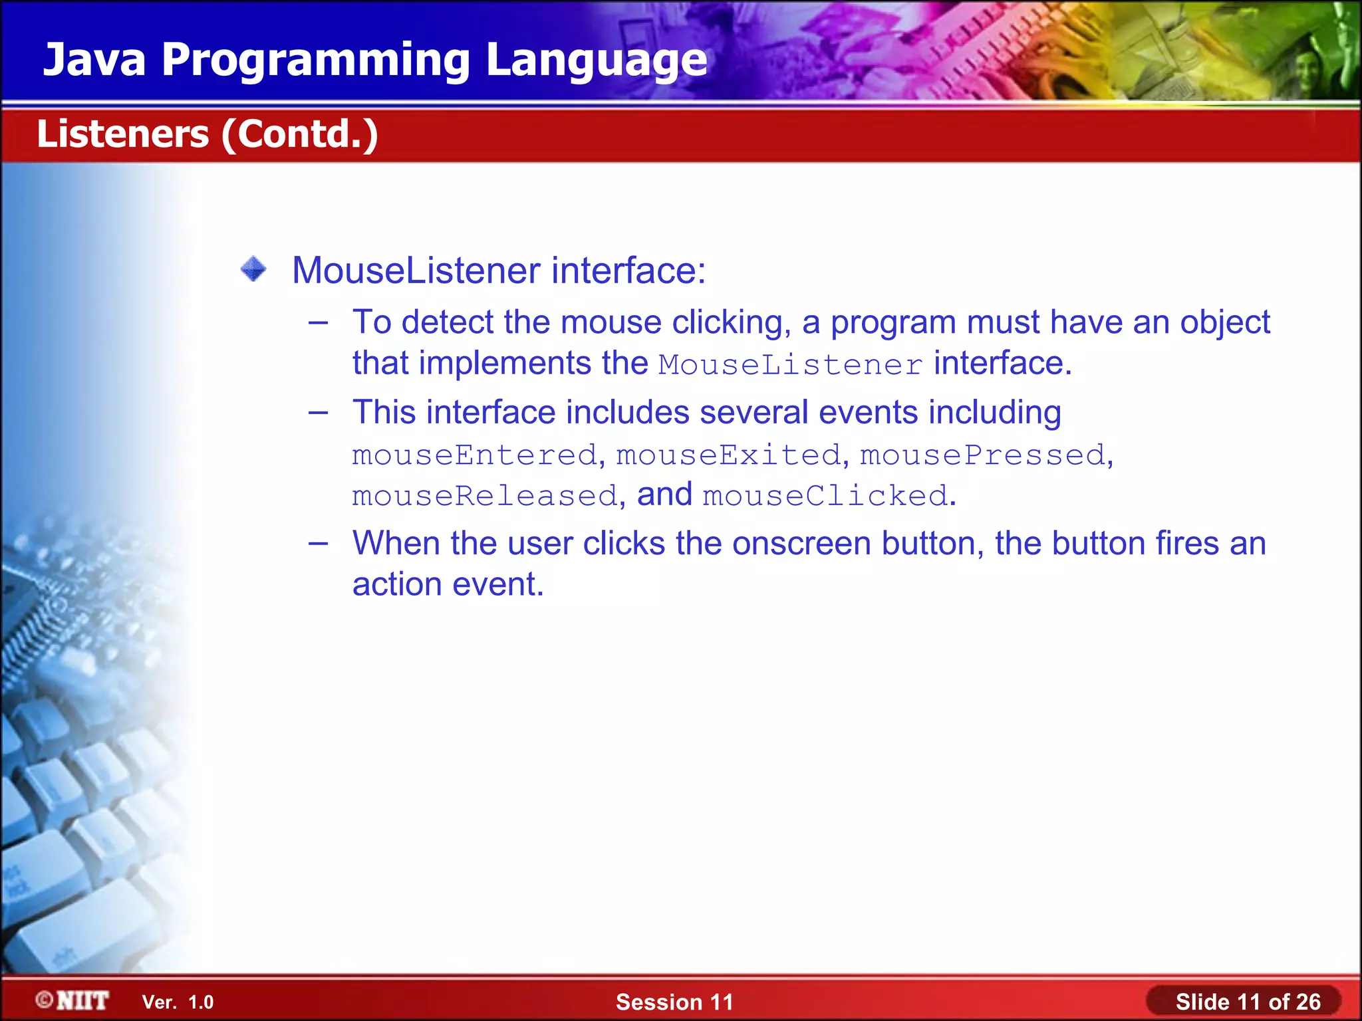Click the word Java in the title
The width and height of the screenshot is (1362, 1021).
tap(94, 60)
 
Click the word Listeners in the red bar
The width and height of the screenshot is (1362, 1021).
tap(123, 134)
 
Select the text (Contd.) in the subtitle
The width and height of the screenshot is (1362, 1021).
tap(300, 135)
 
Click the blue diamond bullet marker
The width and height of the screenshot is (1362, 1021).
tap(253, 270)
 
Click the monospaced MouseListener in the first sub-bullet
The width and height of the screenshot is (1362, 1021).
tap(791, 365)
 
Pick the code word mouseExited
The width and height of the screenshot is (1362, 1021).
tap(729, 455)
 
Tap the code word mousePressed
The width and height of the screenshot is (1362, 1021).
tap(983, 455)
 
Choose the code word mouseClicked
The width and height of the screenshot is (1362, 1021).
tap(825, 496)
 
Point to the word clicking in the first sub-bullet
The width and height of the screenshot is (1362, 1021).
tap(731, 323)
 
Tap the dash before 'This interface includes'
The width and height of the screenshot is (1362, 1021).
tap(319, 413)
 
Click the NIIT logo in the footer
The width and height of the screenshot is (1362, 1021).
tap(73, 1000)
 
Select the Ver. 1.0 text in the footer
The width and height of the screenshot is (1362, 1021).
tap(178, 1002)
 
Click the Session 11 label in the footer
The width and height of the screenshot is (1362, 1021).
tap(674, 1002)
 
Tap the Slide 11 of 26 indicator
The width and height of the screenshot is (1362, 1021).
tap(1247, 1002)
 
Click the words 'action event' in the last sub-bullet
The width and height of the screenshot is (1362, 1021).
tap(448, 585)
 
